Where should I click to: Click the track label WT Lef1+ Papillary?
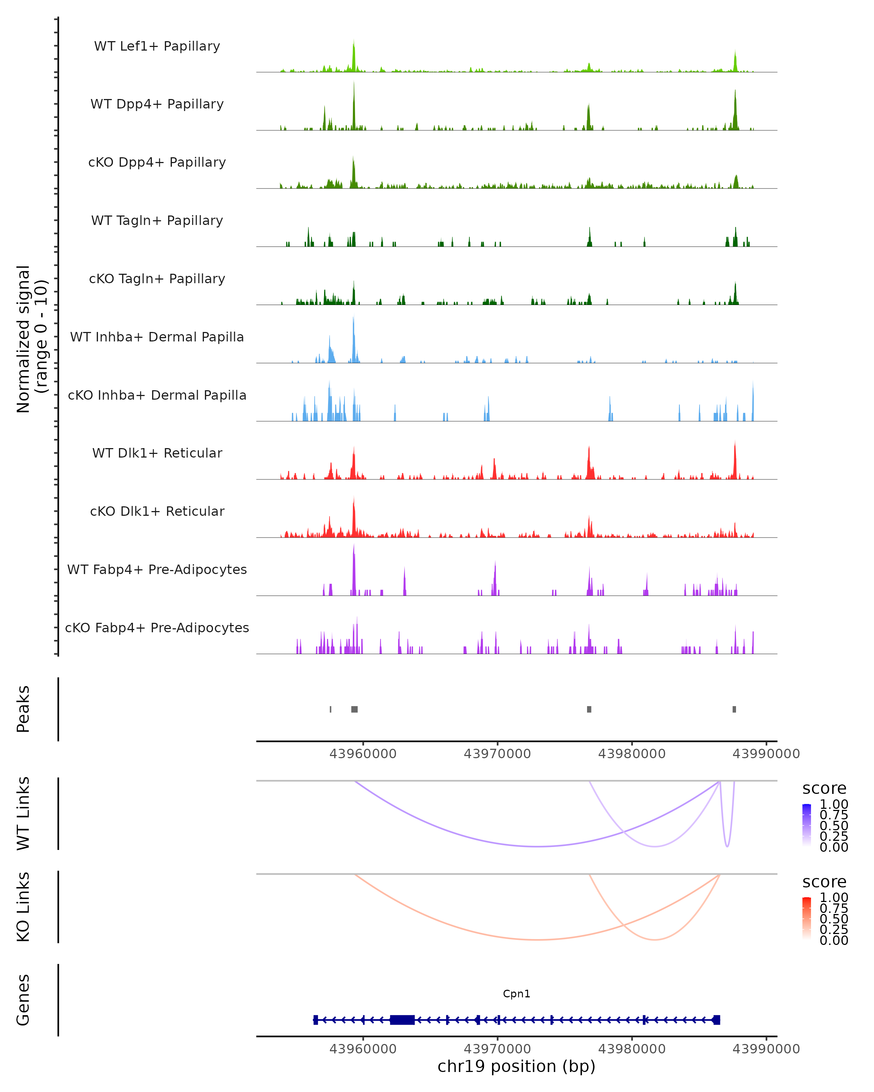point(157,46)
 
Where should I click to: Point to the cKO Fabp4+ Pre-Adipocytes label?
point(157,628)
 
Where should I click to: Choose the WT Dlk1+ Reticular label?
point(157,453)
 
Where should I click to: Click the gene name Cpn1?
point(516,994)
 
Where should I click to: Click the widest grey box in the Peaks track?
point(354,709)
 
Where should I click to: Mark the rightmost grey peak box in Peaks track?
point(734,709)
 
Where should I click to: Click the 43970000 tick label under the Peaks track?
point(497,754)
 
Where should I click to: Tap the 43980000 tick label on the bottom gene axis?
point(632,1049)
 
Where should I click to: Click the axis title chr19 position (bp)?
point(516,1066)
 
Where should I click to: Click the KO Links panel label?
point(23,907)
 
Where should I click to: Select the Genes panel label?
point(23,1000)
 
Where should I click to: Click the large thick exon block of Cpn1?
point(402,1020)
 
